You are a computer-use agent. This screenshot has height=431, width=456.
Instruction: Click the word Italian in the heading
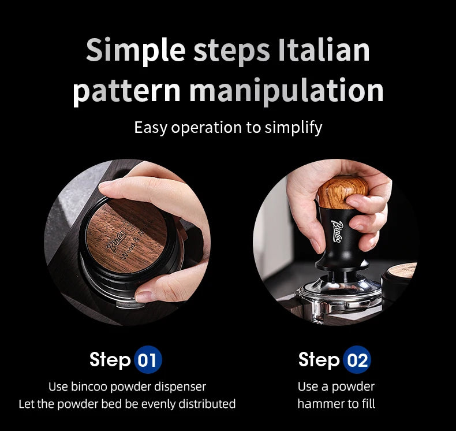coord(324,50)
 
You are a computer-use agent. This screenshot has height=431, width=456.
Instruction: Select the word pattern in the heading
coord(126,91)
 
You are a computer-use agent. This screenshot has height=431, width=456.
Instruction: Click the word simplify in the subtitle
coord(293,128)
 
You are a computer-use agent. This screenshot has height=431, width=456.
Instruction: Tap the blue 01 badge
coord(148,360)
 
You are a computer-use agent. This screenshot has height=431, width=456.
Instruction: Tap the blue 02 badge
coord(357,360)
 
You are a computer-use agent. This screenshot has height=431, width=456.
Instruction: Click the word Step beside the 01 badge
coord(110,360)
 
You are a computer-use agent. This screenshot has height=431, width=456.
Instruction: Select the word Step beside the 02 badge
coord(319,360)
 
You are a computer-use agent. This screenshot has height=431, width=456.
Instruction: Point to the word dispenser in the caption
coord(180,387)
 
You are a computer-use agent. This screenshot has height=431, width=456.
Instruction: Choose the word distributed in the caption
coord(207,404)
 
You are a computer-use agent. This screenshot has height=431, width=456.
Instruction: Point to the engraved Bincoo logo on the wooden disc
coord(117,240)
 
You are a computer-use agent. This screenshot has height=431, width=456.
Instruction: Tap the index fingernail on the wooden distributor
coord(104,184)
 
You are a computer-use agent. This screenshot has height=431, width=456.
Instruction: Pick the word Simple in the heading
coord(136,50)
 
